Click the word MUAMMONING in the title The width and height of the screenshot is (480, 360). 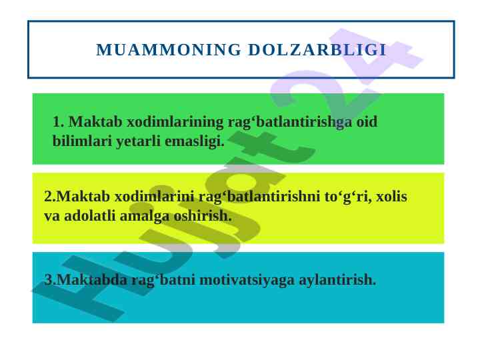(x=169, y=50)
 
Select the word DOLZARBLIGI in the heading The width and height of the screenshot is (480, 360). (x=317, y=50)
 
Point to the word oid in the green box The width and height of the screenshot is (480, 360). (x=367, y=121)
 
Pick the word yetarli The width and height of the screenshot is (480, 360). (x=139, y=141)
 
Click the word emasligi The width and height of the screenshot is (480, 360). (x=195, y=141)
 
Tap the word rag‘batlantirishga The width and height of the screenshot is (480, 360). (x=290, y=122)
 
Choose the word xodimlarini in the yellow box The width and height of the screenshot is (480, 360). (x=155, y=196)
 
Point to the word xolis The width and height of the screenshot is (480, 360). (x=391, y=196)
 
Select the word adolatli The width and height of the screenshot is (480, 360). (x=90, y=216)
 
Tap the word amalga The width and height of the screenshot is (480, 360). (x=145, y=217)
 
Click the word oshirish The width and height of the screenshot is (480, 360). (x=203, y=216)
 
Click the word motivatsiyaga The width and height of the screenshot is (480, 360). (x=247, y=280)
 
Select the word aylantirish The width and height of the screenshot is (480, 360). (x=337, y=280)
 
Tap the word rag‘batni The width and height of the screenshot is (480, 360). (x=163, y=280)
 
